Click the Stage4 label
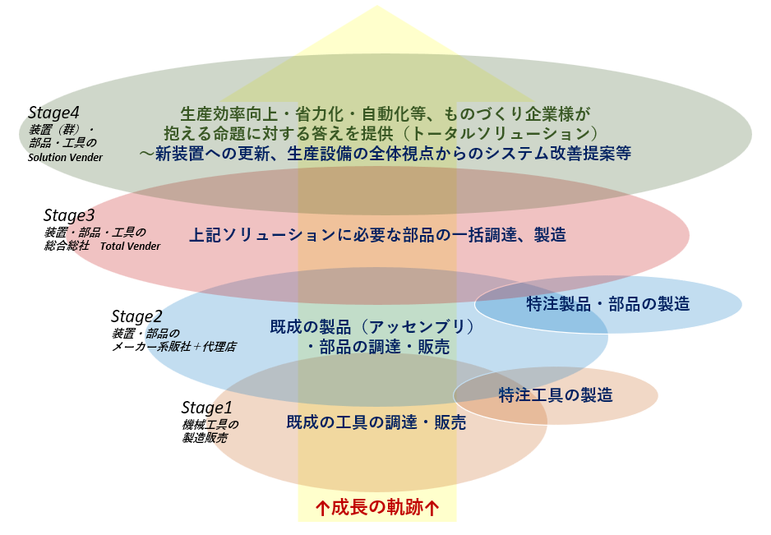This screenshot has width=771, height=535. [x=54, y=113]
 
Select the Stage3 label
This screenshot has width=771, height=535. [x=70, y=215]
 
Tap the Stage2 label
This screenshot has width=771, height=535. [x=136, y=316]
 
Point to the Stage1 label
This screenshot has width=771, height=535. [x=207, y=408]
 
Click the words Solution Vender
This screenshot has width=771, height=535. [x=65, y=157]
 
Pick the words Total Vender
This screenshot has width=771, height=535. [x=131, y=246]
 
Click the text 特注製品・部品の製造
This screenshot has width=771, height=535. [x=607, y=304]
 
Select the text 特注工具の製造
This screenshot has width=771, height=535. [x=556, y=395]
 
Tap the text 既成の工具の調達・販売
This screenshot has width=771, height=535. [x=376, y=423]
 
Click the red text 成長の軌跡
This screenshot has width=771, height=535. [x=377, y=507]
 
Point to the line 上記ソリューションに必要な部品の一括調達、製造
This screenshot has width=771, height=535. [x=377, y=235]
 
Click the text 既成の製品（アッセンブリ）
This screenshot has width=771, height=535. [x=373, y=326]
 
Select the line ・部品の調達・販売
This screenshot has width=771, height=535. [x=377, y=348]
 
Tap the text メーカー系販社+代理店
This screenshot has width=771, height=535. [x=174, y=347]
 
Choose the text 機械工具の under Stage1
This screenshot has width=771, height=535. [x=210, y=425]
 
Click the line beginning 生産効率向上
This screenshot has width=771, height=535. [x=385, y=113]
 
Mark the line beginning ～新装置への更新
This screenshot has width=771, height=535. [x=385, y=153]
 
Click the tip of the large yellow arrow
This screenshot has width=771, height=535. [x=377, y=7]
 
